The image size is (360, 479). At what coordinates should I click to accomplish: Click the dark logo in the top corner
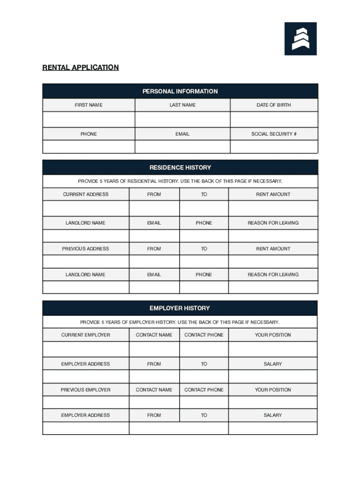click(x=301, y=39)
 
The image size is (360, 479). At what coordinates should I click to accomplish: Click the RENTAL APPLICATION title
click(x=80, y=67)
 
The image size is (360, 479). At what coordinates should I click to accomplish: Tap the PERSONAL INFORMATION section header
click(x=180, y=91)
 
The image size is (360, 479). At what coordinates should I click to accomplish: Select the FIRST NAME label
click(x=88, y=105)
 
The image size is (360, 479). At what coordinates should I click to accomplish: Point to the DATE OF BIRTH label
click(x=274, y=105)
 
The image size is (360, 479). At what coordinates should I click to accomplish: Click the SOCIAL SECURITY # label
click(x=274, y=134)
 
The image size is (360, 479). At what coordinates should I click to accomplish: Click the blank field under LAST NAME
click(x=182, y=119)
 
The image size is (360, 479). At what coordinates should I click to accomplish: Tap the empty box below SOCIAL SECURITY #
click(x=274, y=147)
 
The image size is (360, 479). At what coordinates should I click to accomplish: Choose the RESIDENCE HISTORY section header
click(x=180, y=167)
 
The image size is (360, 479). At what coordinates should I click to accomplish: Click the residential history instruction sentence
click(x=180, y=181)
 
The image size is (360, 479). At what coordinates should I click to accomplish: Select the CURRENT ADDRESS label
click(x=86, y=195)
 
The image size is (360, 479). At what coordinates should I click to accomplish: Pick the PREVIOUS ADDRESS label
click(x=86, y=249)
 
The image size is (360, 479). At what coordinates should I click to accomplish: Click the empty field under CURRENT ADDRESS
click(x=86, y=209)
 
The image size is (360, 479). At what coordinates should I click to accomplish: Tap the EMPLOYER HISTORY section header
click(x=180, y=308)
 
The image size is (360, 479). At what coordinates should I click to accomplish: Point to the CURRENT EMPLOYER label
click(x=86, y=335)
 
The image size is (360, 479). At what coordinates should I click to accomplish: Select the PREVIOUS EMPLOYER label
click(x=86, y=390)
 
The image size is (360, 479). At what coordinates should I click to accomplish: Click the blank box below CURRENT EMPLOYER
click(x=86, y=349)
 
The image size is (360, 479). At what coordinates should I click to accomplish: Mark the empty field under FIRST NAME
click(x=88, y=119)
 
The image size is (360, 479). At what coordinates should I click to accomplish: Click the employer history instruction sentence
click(x=180, y=322)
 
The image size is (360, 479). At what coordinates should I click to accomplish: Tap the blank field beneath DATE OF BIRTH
click(x=274, y=119)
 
